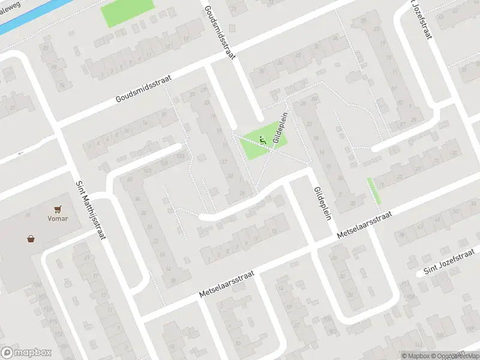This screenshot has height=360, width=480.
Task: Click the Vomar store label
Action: pyautogui.click(x=58, y=218)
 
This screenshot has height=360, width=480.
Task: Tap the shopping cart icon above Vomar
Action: pyautogui.click(x=58, y=209)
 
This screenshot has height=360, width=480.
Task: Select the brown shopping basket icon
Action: pyautogui.click(x=31, y=238)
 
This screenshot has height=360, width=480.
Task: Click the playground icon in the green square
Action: pyautogui.click(x=262, y=140)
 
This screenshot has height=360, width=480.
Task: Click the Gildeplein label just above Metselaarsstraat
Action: pyautogui.click(x=322, y=203)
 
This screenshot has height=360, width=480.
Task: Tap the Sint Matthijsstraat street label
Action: pyautogui.click(x=91, y=211)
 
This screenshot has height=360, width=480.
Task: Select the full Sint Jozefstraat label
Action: pyautogui.click(x=445, y=265)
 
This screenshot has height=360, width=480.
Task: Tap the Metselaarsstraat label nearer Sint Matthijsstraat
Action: pyautogui.click(x=227, y=284)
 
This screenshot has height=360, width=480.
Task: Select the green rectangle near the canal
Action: pyautogui.click(x=127, y=13)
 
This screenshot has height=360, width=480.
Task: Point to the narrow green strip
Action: pyautogui.click(x=374, y=191)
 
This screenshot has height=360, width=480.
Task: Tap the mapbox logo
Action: pyautogui.click(x=26, y=353)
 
